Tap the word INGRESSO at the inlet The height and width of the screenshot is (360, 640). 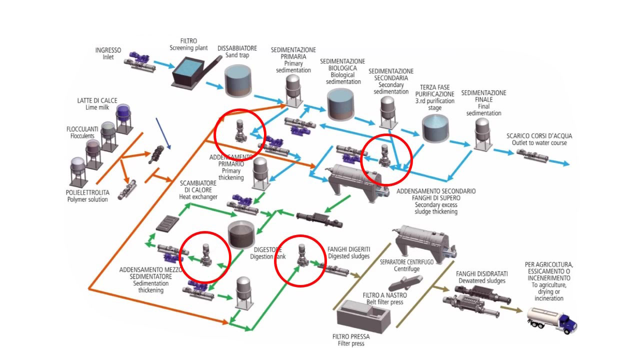point(108,50)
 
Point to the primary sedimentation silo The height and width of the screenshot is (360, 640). point(292,89)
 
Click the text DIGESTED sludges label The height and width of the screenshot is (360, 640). point(348,256)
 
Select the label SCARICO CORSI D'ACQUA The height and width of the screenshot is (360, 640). point(539,135)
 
